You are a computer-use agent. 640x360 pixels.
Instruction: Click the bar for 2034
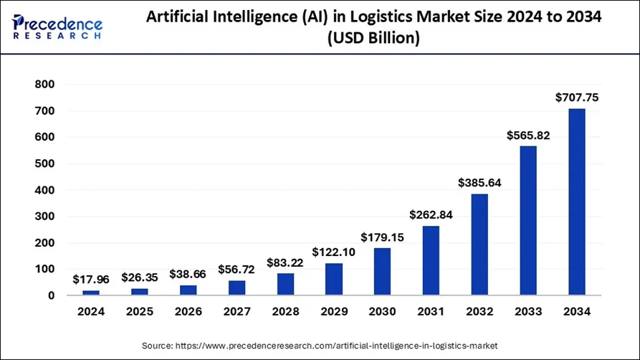click(576, 202)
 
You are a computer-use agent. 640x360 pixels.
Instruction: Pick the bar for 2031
click(431, 260)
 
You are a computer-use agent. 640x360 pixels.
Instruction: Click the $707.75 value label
click(576, 98)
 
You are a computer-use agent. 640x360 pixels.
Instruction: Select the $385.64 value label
click(479, 183)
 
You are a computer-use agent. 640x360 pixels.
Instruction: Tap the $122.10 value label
click(333, 252)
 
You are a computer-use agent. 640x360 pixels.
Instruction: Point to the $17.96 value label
click(91, 280)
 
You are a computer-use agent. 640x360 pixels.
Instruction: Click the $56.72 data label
click(237, 270)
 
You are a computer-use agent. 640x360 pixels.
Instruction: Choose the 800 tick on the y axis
click(45, 85)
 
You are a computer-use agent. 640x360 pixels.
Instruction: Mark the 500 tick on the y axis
click(45, 164)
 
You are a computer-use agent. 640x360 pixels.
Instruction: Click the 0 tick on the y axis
click(51, 295)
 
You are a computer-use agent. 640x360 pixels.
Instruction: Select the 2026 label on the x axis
click(188, 312)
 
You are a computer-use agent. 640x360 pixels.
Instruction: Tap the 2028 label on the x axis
click(285, 312)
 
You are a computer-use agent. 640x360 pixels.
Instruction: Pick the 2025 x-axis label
click(139, 312)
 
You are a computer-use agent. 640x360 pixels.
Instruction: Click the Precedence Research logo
click(57, 26)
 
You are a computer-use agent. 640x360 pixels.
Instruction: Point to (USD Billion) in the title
click(373, 39)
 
